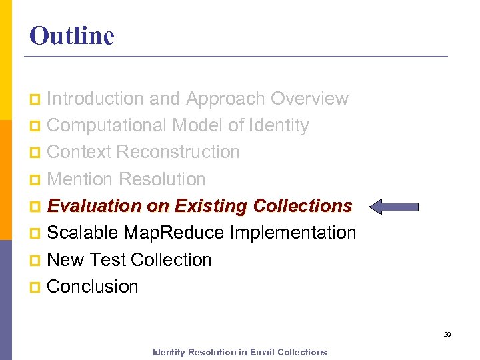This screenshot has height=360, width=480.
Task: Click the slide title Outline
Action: (x=72, y=36)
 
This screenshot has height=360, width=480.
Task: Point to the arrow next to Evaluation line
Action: (x=394, y=207)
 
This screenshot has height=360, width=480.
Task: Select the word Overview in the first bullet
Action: (x=309, y=99)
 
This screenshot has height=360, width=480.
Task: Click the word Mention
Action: (x=81, y=179)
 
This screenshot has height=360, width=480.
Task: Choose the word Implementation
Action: (x=293, y=233)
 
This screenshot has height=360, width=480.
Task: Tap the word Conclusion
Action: (x=93, y=287)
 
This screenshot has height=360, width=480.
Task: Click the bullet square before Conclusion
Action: (x=35, y=287)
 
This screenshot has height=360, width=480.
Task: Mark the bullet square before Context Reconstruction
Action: (x=35, y=153)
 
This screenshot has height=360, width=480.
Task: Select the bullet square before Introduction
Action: (x=35, y=99)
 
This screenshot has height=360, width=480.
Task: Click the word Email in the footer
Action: (x=263, y=352)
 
